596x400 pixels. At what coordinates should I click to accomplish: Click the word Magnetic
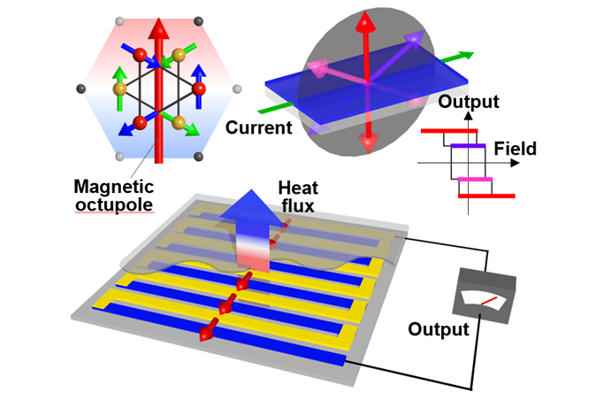(114, 187)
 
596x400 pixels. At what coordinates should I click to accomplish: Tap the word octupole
(114, 204)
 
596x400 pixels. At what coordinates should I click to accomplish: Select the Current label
(259, 127)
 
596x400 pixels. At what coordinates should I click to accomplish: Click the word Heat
(298, 188)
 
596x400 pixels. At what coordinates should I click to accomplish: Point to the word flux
(298, 205)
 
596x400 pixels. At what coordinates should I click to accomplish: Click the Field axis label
(515, 149)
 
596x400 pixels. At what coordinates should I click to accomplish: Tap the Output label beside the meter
(439, 329)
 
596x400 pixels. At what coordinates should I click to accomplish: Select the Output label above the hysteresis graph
(469, 102)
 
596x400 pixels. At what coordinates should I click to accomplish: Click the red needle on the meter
(489, 300)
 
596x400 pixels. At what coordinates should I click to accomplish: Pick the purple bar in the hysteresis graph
(468, 146)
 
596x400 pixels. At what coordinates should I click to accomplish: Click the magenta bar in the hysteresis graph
(475, 179)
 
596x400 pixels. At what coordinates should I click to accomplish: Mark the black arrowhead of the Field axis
(515, 163)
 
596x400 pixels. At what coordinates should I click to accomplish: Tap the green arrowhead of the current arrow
(466, 55)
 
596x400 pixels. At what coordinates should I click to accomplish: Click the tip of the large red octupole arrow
(159, 18)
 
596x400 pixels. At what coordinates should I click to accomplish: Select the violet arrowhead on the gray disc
(416, 39)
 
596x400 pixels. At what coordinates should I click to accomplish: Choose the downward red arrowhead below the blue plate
(368, 143)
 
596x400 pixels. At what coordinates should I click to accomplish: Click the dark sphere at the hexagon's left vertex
(81, 88)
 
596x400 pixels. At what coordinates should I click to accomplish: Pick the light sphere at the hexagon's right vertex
(237, 89)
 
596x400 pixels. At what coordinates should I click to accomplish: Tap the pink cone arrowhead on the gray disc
(317, 68)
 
